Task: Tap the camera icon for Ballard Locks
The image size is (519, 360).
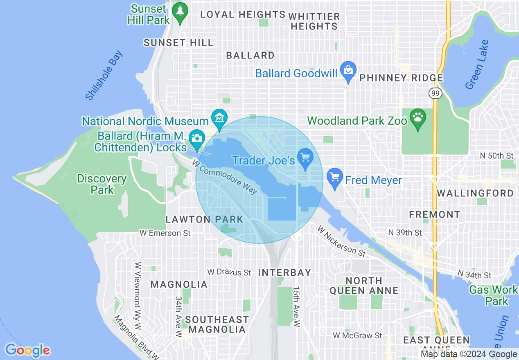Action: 196,139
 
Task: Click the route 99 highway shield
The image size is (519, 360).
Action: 435,94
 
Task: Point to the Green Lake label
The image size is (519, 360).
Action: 477,65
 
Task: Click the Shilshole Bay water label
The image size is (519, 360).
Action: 104,75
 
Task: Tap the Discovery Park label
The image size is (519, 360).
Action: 102,184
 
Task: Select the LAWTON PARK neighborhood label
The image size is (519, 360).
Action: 204,220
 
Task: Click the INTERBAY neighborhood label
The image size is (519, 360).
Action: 284,272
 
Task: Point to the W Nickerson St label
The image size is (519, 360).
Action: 341,241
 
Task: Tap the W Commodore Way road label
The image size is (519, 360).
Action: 225,177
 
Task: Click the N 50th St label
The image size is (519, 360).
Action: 496,156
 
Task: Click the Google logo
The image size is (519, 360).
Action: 27,351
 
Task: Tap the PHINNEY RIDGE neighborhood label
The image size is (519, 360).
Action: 401,78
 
